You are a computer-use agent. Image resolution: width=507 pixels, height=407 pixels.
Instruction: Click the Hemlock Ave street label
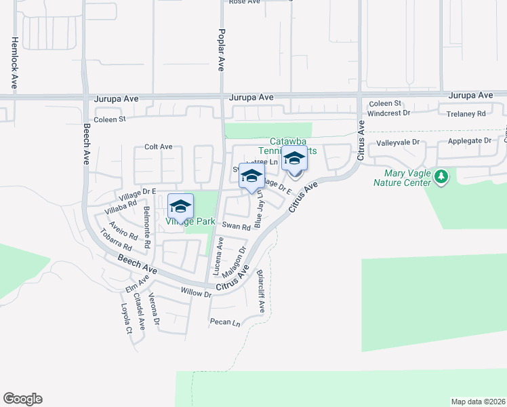point(14,63)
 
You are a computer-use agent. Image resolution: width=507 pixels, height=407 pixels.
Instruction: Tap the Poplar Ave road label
point(221,50)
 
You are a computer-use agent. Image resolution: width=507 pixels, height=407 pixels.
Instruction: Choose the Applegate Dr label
point(469,141)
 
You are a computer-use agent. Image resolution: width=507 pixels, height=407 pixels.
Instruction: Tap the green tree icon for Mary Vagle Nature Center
point(442,177)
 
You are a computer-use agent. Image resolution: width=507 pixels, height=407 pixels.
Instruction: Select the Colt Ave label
point(159,147)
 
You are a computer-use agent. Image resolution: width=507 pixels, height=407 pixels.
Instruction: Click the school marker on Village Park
point(181,206)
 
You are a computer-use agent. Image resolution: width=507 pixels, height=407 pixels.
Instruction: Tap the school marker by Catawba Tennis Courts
point(294,159)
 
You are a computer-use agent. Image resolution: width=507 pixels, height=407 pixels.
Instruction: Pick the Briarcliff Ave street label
point(261,292)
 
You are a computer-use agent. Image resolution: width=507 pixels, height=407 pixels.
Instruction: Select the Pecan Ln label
point(225,322)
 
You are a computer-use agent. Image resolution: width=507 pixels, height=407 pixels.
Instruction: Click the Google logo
point(22,399)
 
